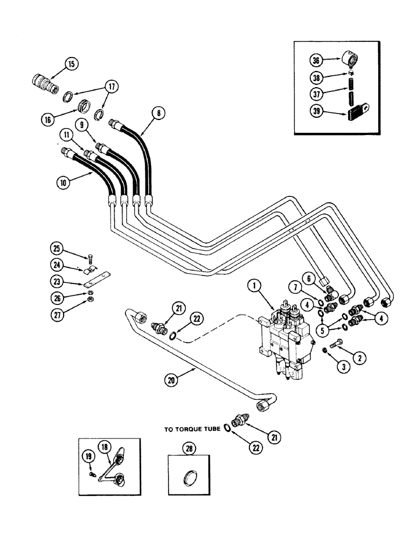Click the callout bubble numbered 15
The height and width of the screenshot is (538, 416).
(72, 64)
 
